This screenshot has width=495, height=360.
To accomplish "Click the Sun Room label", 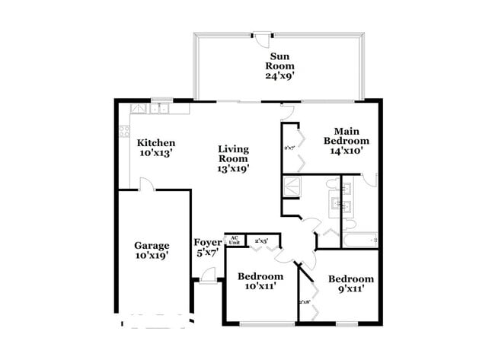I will (279, 65).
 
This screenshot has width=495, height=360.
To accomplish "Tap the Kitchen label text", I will (156, 148).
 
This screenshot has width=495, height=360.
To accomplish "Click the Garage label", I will (152, 250).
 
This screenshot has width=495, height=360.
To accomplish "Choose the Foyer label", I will (207, 247).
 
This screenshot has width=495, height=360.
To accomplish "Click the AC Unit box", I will (235, 241).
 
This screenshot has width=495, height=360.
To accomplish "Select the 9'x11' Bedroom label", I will (351, 284).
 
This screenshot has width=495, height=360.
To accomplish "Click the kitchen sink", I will (160, 109).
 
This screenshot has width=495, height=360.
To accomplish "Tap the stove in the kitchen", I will (124, 131).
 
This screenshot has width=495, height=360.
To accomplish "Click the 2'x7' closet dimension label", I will (289, 148).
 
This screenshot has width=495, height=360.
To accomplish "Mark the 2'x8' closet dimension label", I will (305, 302).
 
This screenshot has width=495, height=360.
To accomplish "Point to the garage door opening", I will (154, 320).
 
